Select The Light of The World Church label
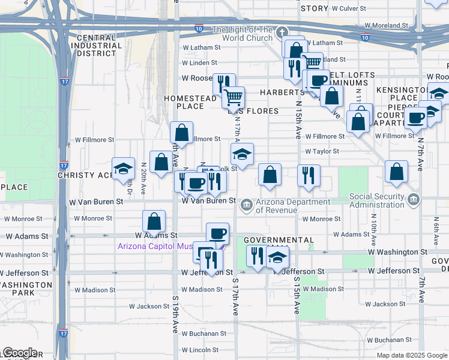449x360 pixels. [x=243, y=34]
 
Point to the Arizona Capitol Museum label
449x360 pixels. [x=161, y=246]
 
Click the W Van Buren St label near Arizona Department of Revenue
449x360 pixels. [x=208, y=201]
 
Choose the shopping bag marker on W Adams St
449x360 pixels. [x=154, y=221]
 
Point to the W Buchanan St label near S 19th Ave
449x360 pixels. [x=203, y=333]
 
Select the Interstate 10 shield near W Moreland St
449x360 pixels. [x=366, y=38]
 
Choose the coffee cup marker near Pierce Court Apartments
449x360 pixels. [x=415, y=118]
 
